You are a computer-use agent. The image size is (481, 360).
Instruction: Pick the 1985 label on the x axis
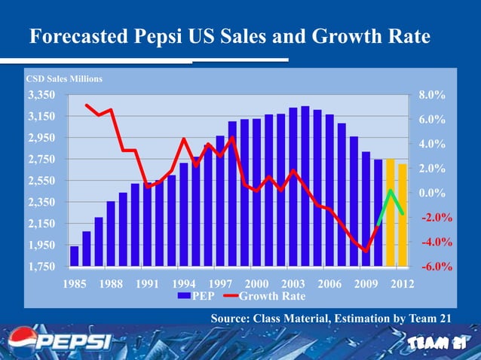(73, 284)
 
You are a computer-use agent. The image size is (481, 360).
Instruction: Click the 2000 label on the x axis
(257, 284)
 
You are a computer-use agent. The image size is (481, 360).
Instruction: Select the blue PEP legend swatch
(183, 296)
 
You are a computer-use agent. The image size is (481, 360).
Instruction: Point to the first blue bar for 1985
(74, 256)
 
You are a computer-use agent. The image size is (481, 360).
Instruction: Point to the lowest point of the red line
(366, 251)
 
